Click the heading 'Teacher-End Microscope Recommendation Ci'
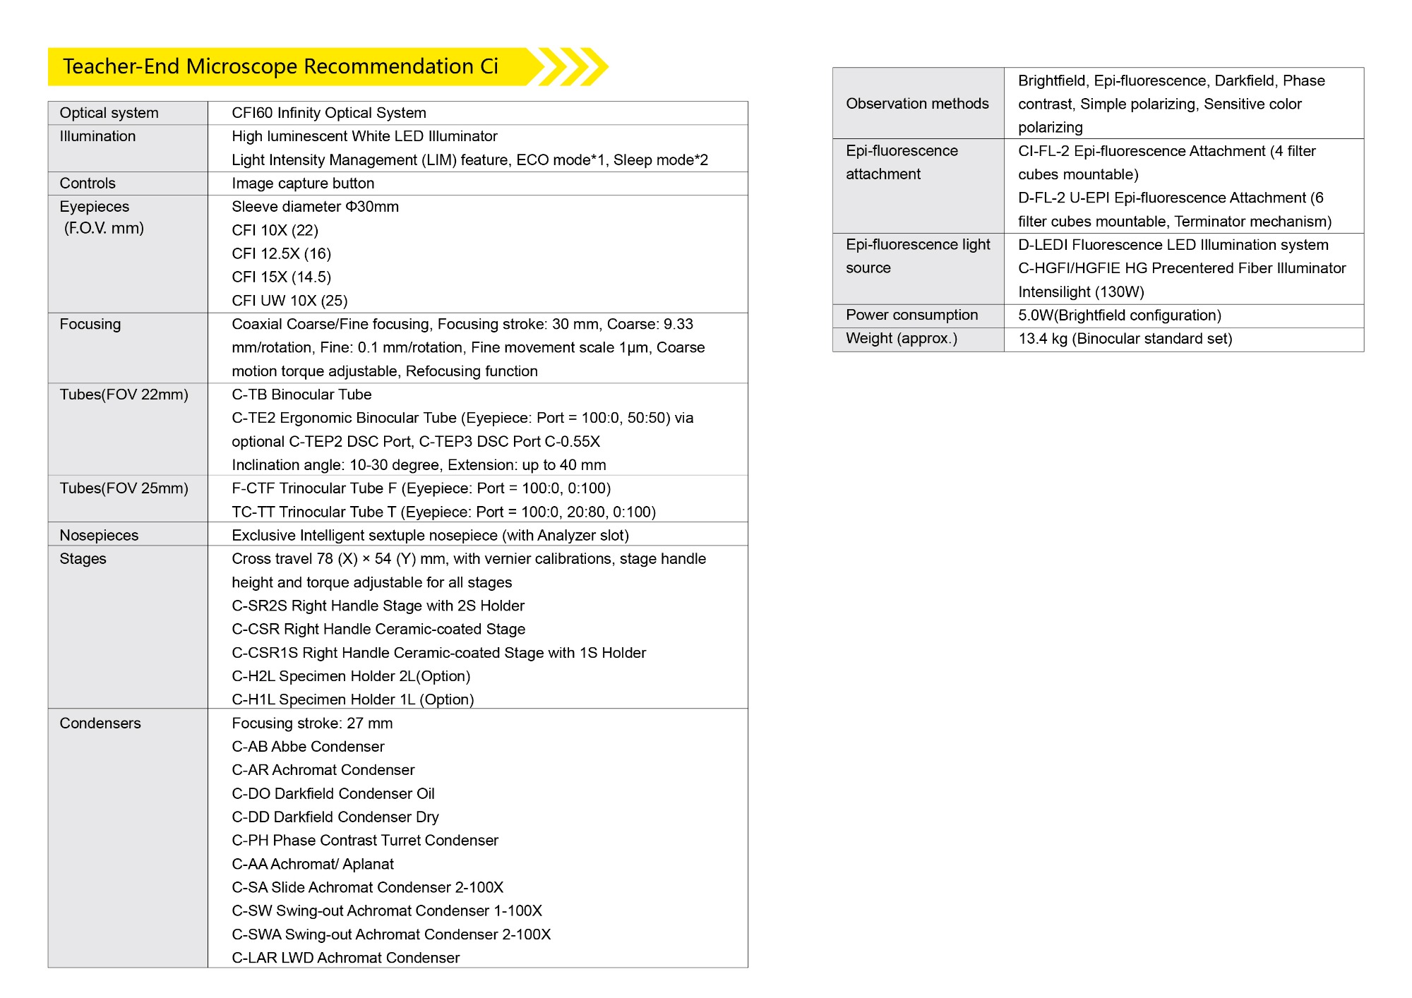(280, 66)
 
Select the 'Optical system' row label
(109, 113)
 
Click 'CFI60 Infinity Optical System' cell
(329, 113)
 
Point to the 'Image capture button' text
(303, 184)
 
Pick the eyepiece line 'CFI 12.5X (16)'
(281, 253)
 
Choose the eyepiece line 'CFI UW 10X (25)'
(289, 301)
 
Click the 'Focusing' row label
(90, 324)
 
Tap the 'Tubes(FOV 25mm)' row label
(124, 488)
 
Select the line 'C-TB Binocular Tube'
(301, 395)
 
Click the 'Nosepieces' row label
(99, 535)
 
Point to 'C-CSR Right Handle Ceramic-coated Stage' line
(378, 629)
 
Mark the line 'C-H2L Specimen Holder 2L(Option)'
(351, 676)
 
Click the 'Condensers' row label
(100, 723)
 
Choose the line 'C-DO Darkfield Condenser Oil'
(333, 793)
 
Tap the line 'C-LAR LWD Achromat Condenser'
(345, 958)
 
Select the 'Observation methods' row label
(917, 104)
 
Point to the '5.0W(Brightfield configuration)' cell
(1120, 315)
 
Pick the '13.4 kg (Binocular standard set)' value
(1125, 339)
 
